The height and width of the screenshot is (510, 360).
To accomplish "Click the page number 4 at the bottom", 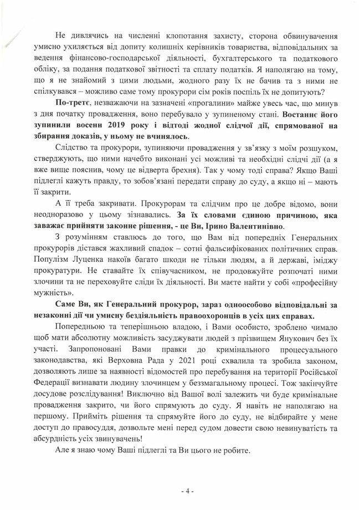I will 179,491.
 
